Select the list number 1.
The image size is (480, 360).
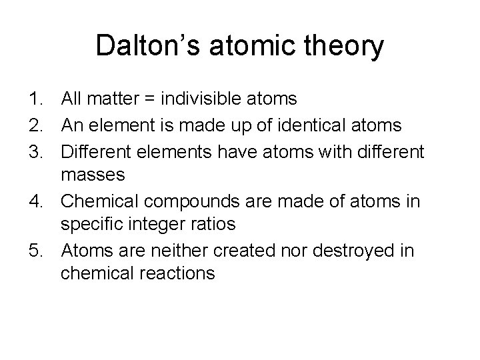[x=36, y=100]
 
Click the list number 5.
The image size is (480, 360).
[x=36, y=251]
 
